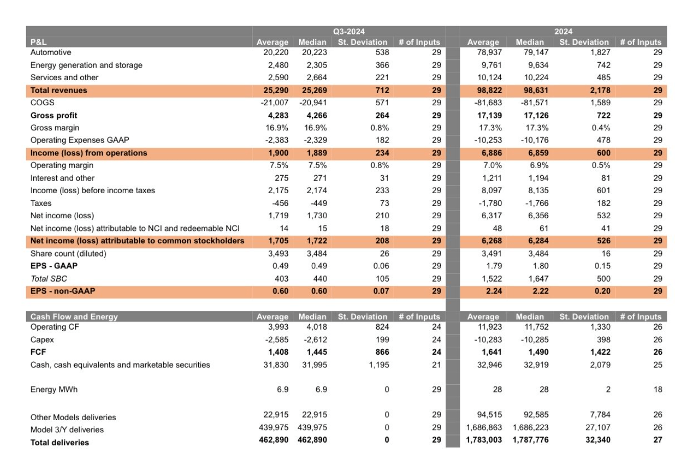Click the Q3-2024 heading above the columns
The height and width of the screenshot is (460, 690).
pyautogui.click(x=349, y=31)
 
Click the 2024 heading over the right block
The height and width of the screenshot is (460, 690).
pyautogui.click(x=563, y=31)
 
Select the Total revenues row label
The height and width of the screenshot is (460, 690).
pyautogui.click(x=59, y=90)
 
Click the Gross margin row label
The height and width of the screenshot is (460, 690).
pyautogui.click(x=55, y=128)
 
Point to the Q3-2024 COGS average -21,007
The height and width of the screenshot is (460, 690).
pyautogui.click(x=273, y=103)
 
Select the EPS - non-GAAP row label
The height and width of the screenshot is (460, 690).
pyautogui.click(x=62, y=291)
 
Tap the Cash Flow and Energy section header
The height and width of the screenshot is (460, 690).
pyautogui.click(x=74, y=316)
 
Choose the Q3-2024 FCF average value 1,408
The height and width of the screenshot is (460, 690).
pyautogui.click(x=278, y=352)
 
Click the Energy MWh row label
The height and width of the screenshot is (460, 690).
pyautogui.click(x=54, y=389)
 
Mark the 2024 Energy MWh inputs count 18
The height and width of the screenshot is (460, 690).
pyautogui.click(x=657, y=389)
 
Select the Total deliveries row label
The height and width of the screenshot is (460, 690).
pyautogui.click(x=59, y=443)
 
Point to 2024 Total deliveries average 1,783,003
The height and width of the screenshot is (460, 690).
pyautogui.click(x=484, y=440)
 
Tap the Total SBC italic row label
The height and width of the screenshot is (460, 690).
pyautogui.click(x=49, y=279)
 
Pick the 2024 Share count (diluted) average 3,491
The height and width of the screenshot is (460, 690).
pyautogui.click(x=492, y=254)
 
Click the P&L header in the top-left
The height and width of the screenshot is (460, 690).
pyautogui.click(x=38, y=42)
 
